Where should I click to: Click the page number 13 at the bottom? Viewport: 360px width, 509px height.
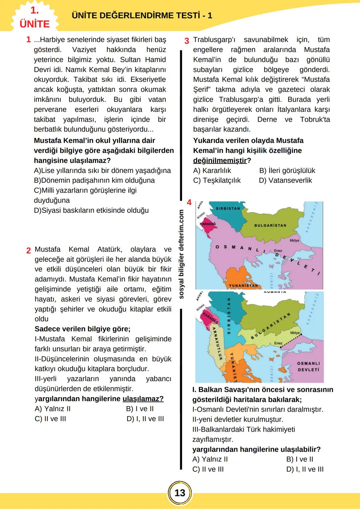pyautogui.click(x=180, y=493)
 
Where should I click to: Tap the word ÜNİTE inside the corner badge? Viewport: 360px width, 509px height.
pyautogui.click(x=35, y=24)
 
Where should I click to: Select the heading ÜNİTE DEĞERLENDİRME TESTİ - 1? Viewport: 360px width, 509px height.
pyautogui.click(x=142, y=16)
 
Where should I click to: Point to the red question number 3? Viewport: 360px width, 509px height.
pyautogui.click(x=187, y=41)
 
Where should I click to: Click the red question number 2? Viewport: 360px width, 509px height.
pyautogui.click(x=29, y=251)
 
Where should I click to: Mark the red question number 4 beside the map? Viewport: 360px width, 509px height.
pyautogui.click(x=189, y=203)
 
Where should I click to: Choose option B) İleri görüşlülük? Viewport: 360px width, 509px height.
pyautogui.click(x=287, y=171)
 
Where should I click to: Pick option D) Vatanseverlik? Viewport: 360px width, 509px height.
pyautogui.click(x=285, y=181)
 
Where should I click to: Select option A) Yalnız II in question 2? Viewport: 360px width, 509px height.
pyautogui.click(x=53, y=409)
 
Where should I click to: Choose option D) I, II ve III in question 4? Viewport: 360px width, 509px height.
pyautogui.click(x=305, y=469)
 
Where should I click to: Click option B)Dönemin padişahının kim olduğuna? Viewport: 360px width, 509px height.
pyautogui.click(x=94, y=181)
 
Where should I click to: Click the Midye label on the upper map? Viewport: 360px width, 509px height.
pyautogui.click(x=294, y=240)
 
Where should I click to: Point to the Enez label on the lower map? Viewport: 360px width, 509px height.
pyautogui.click(x=278, y=343)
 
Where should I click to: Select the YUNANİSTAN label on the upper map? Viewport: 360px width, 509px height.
pyautogui.click(x=243, y=285)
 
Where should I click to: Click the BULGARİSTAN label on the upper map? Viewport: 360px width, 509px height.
pyautogui.click(x=270, y=226)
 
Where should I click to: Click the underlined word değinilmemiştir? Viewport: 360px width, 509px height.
pyautogui.click(x=220, y=161)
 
